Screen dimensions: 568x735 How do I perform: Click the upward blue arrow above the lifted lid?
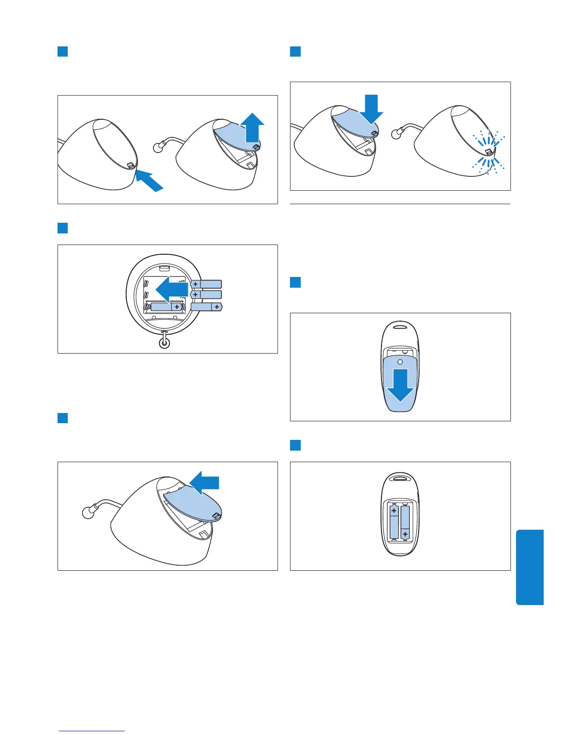point(252,127)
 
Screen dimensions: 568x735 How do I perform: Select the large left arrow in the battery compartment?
point(171,290)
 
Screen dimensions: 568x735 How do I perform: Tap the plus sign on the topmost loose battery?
point(196,284)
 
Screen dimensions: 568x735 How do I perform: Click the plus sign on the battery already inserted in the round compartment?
point(177,307)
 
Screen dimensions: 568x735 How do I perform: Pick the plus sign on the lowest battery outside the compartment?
point(217,307)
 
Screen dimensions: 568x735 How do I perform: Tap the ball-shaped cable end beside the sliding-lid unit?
point(87,513)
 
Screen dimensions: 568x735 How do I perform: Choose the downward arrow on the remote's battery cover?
point(400,385)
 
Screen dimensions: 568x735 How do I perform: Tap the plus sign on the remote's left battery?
point(394,511)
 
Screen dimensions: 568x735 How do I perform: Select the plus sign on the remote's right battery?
point(405,535)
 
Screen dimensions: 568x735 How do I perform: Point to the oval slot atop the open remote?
point(400,477)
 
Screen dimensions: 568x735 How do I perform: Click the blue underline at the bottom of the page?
point(92,731)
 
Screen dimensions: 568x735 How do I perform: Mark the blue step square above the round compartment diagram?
point(63,228)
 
